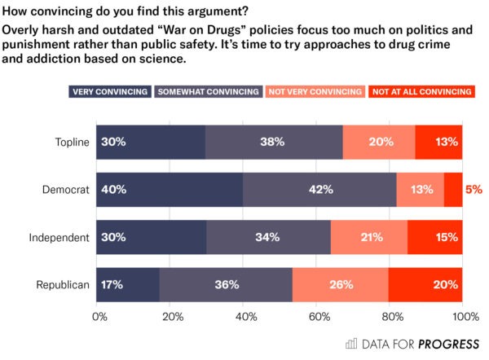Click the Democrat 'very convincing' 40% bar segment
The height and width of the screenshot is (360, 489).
[170, 190]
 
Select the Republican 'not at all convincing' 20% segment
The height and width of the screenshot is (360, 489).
[425, 284]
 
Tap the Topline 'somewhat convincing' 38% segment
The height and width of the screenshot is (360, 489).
[274, 143]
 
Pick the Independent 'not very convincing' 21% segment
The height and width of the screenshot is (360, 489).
[368, 237]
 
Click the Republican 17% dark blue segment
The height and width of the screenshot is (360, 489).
[128, 284]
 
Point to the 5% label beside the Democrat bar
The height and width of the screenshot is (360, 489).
[474, 190]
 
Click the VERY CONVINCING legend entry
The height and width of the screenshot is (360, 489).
[110, 91]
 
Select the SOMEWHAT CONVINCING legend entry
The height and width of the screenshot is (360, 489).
[209, 91]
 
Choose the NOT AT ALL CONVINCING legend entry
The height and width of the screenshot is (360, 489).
[421, 91]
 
